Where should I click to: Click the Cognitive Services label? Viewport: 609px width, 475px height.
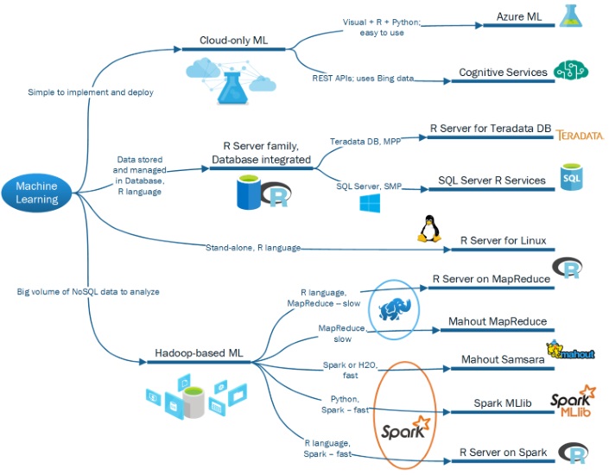503,73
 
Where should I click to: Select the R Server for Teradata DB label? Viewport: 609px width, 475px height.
490,129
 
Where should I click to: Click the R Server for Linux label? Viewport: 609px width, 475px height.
503,240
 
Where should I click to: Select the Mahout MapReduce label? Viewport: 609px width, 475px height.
497,321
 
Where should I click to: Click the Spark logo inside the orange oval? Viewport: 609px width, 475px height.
403,427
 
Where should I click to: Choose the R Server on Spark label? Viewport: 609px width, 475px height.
503,452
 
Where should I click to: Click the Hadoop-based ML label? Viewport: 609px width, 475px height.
199,354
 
